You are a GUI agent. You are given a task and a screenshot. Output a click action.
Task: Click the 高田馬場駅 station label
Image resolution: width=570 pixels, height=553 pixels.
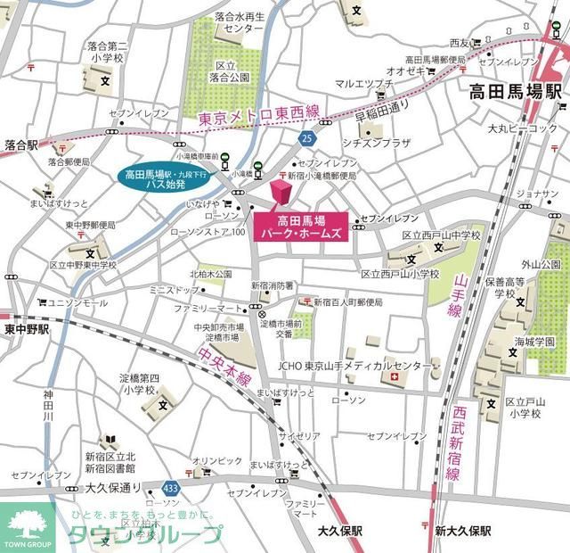click(516, 92)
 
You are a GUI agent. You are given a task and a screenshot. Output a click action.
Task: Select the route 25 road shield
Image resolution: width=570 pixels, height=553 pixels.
click(306, 138)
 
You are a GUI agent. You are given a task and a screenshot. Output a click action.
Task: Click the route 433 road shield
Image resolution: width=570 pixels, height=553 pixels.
click(170, 488)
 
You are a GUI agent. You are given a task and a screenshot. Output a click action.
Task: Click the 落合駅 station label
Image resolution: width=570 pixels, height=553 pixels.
click(20, 144)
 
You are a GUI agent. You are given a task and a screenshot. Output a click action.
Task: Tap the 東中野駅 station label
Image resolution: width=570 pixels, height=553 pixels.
click(26, 329)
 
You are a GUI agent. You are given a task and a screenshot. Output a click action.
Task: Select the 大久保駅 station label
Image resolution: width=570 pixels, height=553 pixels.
click(340, 530)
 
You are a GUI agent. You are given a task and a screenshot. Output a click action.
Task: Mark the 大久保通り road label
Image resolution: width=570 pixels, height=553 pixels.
click(115, 488)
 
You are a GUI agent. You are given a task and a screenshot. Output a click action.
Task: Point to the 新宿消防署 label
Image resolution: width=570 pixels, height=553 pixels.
click(272, 286)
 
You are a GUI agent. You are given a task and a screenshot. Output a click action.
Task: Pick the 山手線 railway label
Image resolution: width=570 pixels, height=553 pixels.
click(458, 296)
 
